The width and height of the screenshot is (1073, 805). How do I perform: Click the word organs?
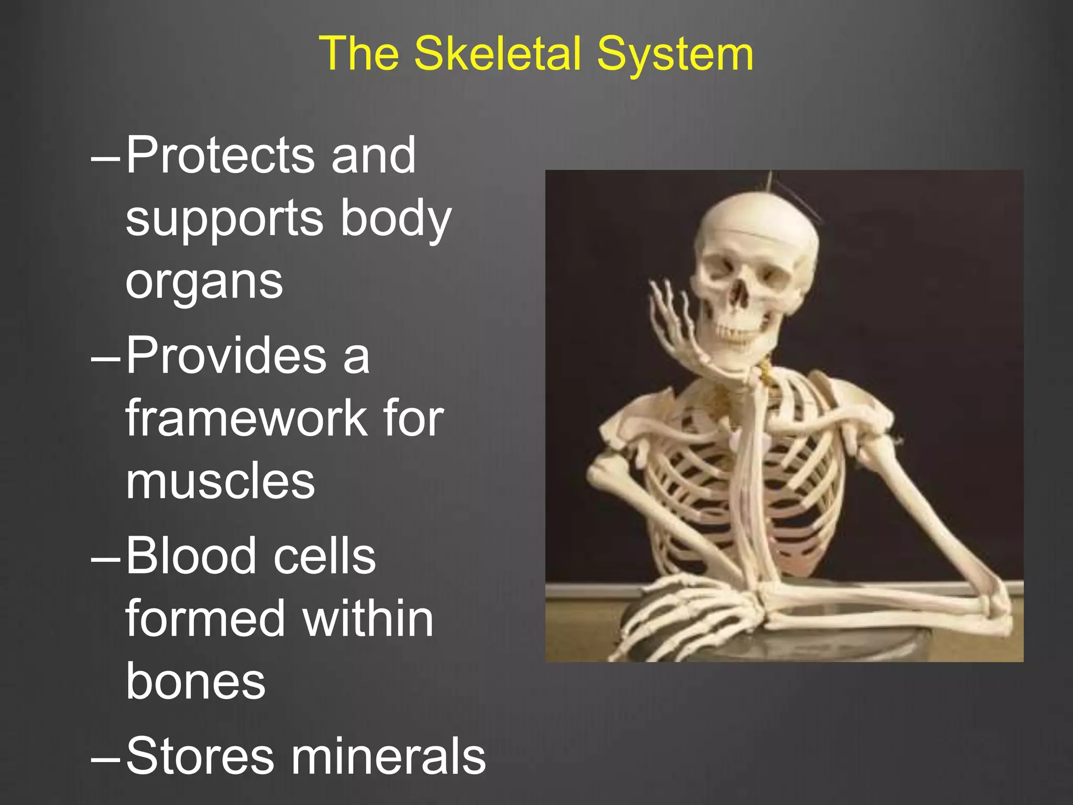coord(204,282)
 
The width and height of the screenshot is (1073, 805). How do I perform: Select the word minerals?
coord(388,756)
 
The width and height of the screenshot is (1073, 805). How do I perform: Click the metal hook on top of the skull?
coord(770,181)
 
